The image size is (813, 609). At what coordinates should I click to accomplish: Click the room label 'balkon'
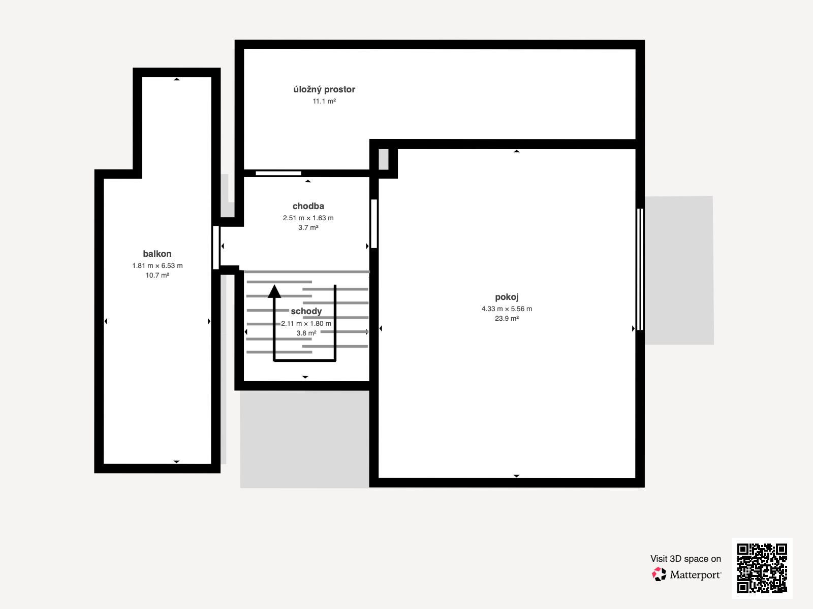click(157, 254)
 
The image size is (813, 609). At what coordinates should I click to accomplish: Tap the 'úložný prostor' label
click(324, 89)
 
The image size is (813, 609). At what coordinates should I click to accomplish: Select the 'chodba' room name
click(308, 206)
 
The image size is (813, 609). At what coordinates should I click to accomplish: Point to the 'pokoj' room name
click(507, 297)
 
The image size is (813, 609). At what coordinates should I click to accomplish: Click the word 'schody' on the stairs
click(306, 311)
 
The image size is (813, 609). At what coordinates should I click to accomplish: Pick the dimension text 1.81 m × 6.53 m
click(158, 265)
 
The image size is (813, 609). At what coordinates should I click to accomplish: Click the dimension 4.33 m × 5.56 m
click(507, 309)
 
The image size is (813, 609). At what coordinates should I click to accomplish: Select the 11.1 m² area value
click(324, 101)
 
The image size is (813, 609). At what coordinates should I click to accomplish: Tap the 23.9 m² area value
click(507, 318)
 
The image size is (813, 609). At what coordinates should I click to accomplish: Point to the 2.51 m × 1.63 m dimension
click(308, 218)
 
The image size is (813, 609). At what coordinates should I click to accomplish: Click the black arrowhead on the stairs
click(274, 291)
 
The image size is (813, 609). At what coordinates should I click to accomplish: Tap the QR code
click(762, 568)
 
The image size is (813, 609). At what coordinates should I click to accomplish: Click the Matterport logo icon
click(659, 574)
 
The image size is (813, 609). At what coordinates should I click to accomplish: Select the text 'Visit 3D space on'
click(685, 559)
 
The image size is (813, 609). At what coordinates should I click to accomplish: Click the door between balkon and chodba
click(216, 247)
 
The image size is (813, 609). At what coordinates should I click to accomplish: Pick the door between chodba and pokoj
click(374, 224)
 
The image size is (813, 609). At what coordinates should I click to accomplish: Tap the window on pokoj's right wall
click(640, 269)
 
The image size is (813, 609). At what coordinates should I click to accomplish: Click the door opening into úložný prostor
click(278, 173)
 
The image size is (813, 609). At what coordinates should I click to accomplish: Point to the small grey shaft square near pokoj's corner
click(383, 159)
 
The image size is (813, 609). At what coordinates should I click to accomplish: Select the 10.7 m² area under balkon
click(158, 275)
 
